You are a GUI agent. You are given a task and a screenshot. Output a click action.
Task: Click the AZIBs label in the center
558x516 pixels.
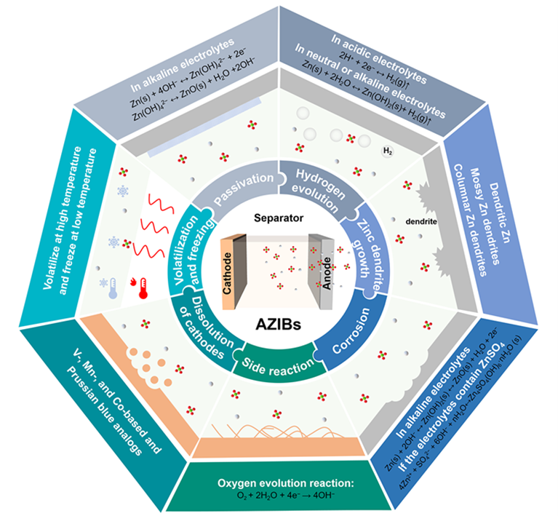(279, 321)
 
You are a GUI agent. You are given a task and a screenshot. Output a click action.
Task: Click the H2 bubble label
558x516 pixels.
(388, 151)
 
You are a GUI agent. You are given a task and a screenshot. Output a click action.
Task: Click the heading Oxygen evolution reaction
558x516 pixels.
(278, 483)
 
